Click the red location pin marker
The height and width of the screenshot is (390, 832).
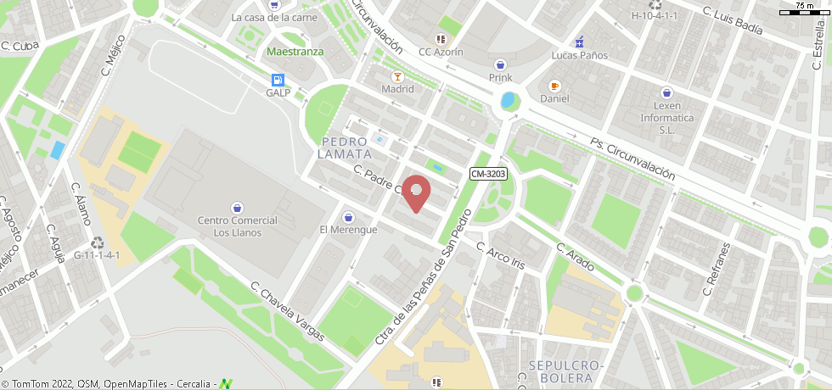tap(415, 192)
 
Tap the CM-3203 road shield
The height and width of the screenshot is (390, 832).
tap(488, 174)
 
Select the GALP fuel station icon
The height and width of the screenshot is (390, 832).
tap(278, 81)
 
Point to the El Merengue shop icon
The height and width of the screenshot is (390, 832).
tap(348, 217)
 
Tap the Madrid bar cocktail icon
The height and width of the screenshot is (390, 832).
tap(397, 76)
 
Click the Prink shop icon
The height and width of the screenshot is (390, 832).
tap(501, 64)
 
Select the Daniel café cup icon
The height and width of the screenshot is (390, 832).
tap(554, 86)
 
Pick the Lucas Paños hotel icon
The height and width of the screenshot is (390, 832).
tap(580, 42)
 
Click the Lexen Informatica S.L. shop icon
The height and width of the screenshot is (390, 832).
tap(667, 93)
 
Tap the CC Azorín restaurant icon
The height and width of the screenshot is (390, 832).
tap(440, 39)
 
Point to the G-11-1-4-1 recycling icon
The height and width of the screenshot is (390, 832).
tap(98, 242)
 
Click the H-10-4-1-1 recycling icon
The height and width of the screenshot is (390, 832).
tap(655, 4)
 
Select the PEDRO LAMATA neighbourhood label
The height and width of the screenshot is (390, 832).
tap(344, 148)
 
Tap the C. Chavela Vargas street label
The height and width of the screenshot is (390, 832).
tap(287, 311)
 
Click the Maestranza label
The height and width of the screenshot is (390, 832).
tap(295, 51)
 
